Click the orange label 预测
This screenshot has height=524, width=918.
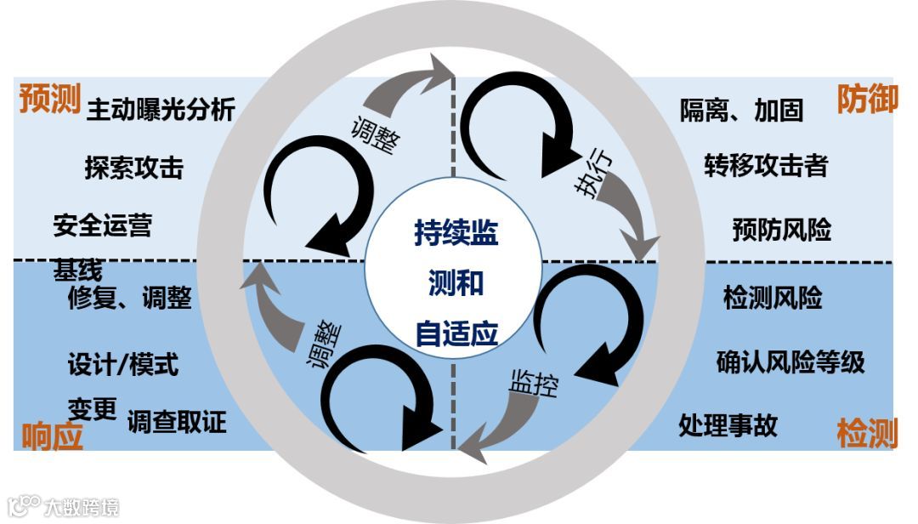click(x=49, y=100)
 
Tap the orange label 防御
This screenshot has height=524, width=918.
click(x=867, y=99)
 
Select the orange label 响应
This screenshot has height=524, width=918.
click(x=53, y=435)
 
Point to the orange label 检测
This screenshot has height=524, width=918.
click(x=867, y=433)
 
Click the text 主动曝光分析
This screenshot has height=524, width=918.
click(x=161, y=110)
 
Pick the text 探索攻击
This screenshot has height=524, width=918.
click(x=133, y=168)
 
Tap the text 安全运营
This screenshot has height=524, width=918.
click(x=102, y=225)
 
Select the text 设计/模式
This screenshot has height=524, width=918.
click(x=123, y=365)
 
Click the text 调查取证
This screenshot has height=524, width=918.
click(x=177, y=421)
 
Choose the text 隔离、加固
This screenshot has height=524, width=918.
click(x=741, y=110)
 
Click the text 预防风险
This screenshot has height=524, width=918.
click(x=781, y=230)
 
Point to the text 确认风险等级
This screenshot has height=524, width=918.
click(x=790, y=362)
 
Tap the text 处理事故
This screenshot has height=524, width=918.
click(x=728, y=424)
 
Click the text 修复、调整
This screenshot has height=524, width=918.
click(x=129, y=298)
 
